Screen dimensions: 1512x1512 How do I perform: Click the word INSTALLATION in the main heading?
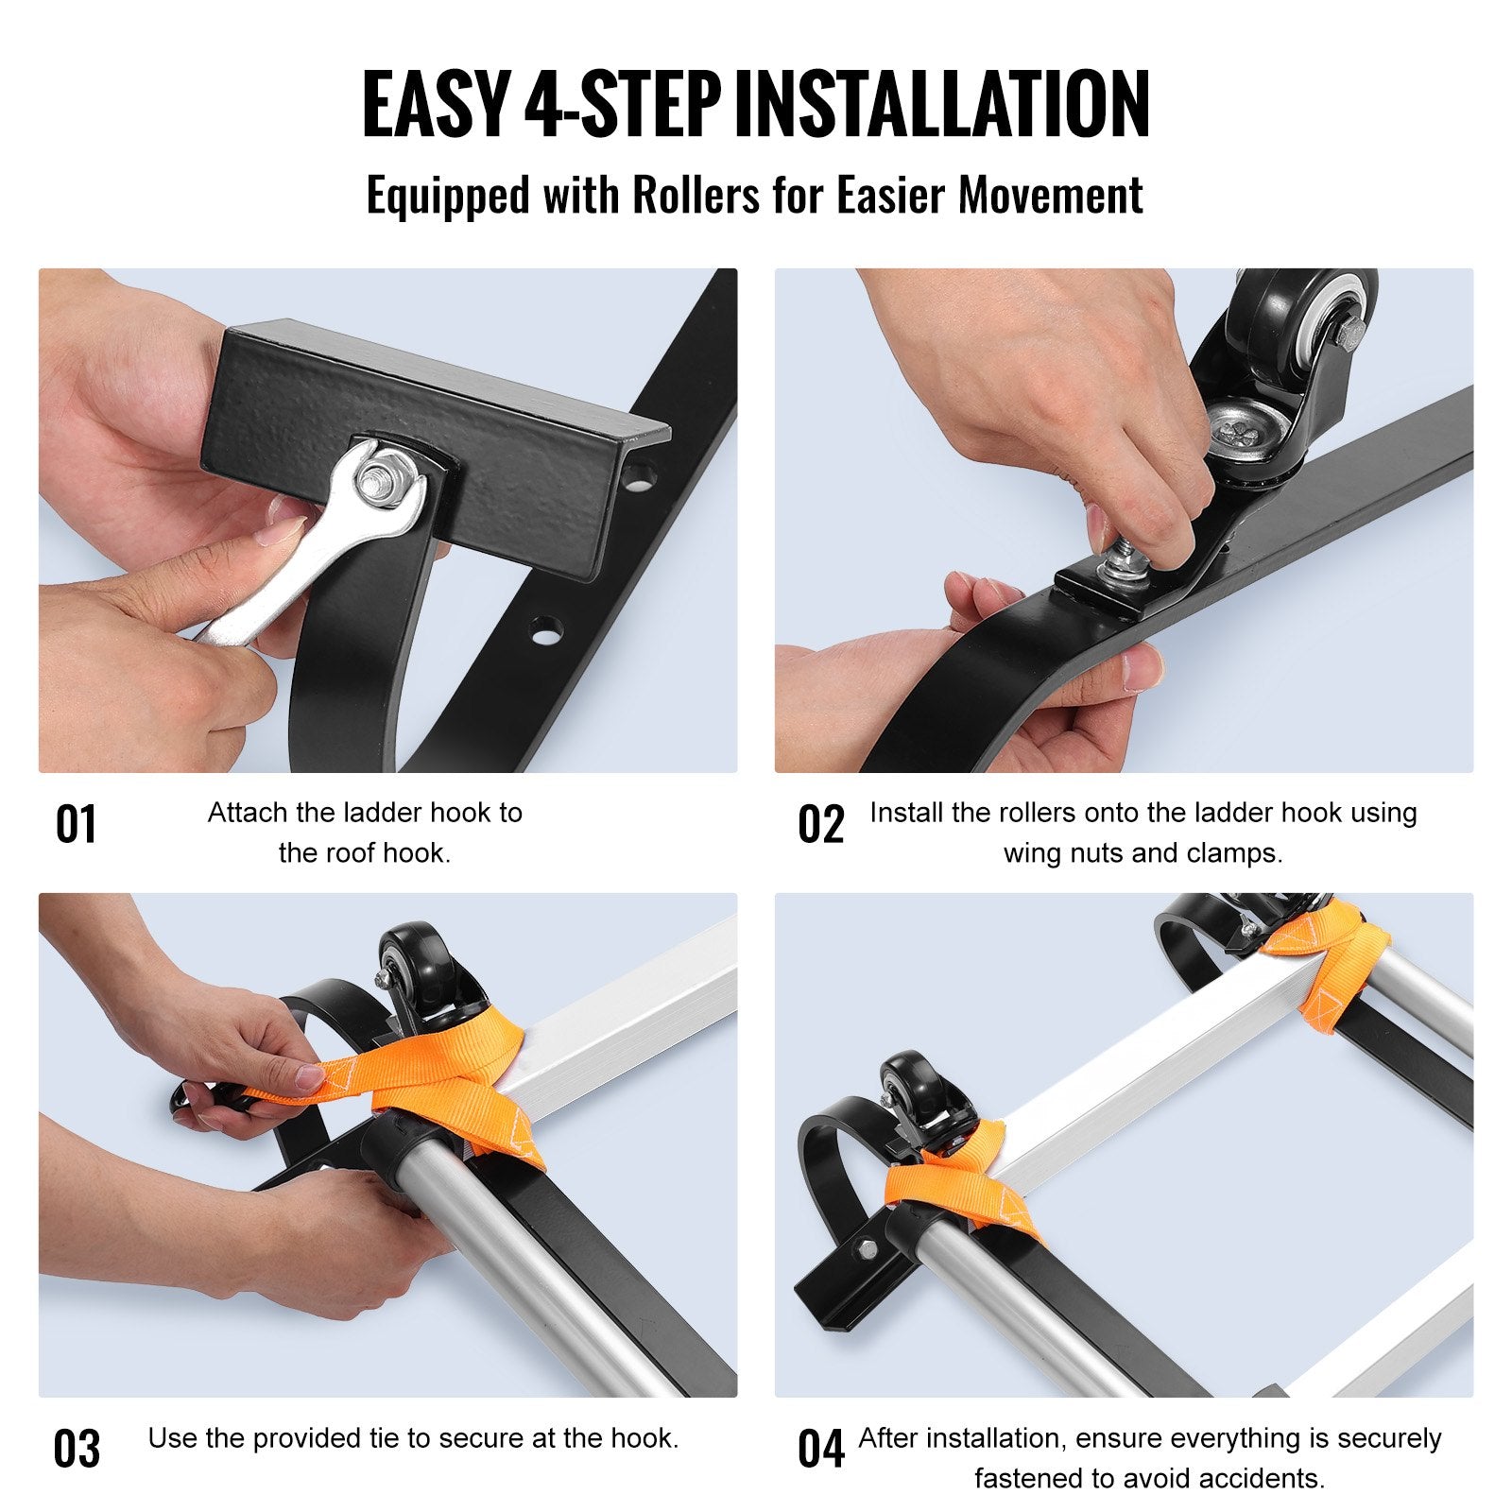point(941,104)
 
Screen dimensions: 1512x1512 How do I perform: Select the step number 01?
point(76,824)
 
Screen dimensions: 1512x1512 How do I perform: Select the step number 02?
point(820,824)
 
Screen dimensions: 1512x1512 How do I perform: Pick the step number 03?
point(76,1449)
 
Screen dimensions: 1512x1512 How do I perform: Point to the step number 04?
point(820,1449)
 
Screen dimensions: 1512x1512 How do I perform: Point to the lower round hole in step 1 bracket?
point(545,628)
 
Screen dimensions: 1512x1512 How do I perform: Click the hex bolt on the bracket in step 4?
point(866,1251)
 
